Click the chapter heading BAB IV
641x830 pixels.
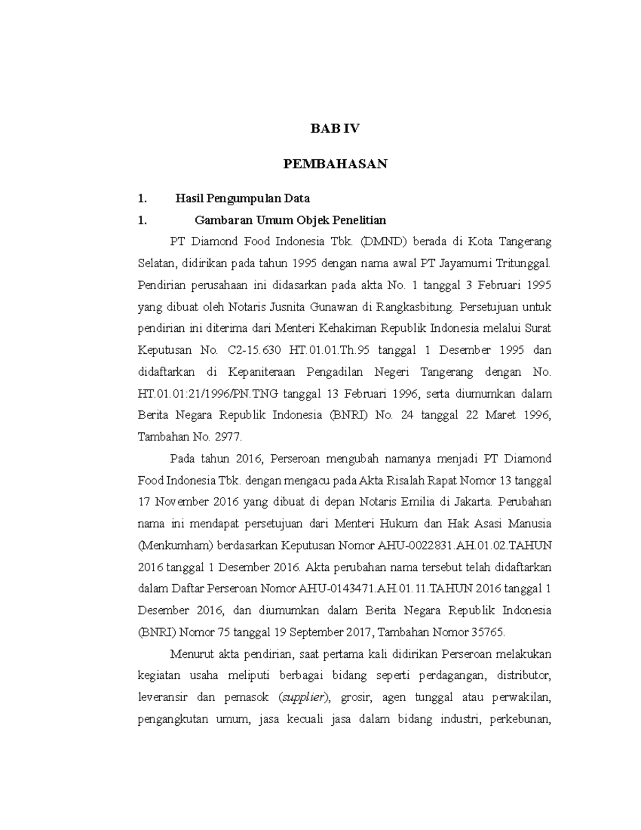(x=335, y=129)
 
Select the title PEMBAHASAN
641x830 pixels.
(x=335, y=164)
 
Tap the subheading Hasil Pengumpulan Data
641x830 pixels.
(x=243, y=199)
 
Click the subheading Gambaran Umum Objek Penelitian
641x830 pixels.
(x=291, y=220)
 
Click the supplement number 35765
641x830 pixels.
(x=486, y=632)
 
